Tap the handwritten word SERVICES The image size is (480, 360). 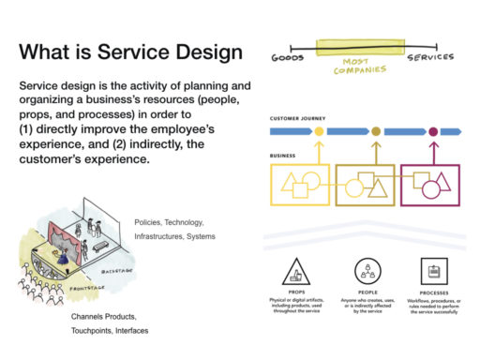point(430,57)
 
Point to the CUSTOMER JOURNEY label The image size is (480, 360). point(297,119)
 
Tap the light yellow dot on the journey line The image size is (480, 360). point(319,132)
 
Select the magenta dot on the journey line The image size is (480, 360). point(432,132)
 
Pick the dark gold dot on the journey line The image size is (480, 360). point(376,132)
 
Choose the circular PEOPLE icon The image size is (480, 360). point(366,272)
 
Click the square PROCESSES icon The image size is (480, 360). point(433,272)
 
